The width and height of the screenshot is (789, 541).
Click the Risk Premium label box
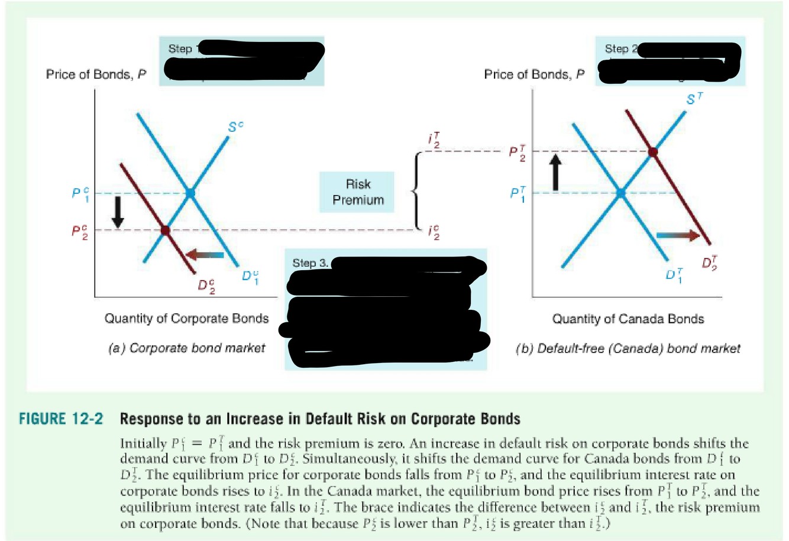tap(358, 192)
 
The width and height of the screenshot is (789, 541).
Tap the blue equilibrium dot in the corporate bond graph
tap(190, 193)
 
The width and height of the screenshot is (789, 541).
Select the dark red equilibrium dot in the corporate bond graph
tap(165, 230)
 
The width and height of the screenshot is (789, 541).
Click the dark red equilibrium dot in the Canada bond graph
tap(653, 152)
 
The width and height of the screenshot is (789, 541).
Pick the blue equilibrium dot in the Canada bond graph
tap(620, 193)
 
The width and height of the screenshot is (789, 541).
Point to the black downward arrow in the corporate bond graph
tap(118, 212)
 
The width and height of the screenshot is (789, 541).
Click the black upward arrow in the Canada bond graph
tap(555, 171)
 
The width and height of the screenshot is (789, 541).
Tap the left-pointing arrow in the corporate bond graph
tap(205, 255)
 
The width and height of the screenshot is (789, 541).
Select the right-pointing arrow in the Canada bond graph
tap(677, 235)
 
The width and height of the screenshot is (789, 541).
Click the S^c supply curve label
tap(235, 127)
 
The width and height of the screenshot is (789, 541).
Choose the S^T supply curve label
tap(694, 99)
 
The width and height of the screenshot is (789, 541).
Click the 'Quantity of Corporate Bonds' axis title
tap(186, 319)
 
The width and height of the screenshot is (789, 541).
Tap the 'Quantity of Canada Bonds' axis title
tap(628, 319)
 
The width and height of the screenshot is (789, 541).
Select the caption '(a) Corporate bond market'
tap(186, 348)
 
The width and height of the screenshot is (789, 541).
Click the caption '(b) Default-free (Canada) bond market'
tap(628, 349)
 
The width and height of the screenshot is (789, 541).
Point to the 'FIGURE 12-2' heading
tap(61, 419)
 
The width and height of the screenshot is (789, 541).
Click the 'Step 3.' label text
tap(310, 263)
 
